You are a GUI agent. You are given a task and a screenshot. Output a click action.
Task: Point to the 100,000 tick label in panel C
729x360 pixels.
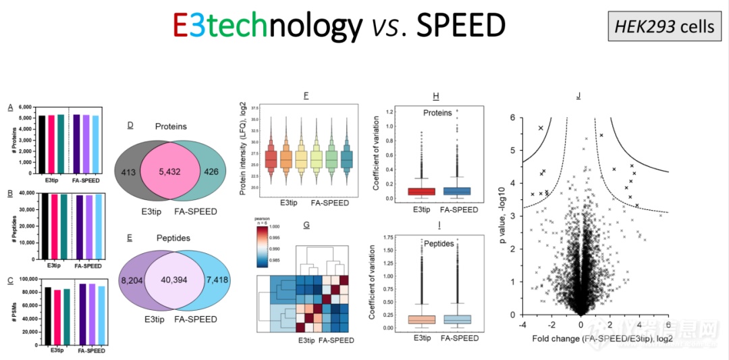click(x=22, y=279)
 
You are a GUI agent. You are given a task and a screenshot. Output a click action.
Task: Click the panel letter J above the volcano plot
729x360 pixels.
click(x=578, y=96)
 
